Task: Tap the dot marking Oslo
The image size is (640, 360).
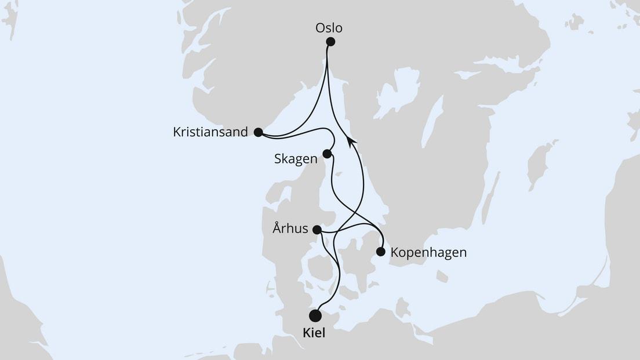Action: [x=330, y=41]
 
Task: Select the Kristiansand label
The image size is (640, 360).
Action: [x=210, y=132]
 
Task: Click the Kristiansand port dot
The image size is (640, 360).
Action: [x=258, y=132]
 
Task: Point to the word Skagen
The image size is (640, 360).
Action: [x=296, y=159]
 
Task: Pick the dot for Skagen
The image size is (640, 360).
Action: [x=327, y=154]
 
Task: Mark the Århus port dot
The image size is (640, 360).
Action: [x=317, y=230]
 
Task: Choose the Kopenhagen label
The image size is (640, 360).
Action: [x=428, y=253]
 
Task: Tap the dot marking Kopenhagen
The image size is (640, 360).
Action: [x=380, y=252]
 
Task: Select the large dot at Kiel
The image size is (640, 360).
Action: [x=315, y=315]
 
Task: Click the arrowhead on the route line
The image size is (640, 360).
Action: [x=351, y=139]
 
